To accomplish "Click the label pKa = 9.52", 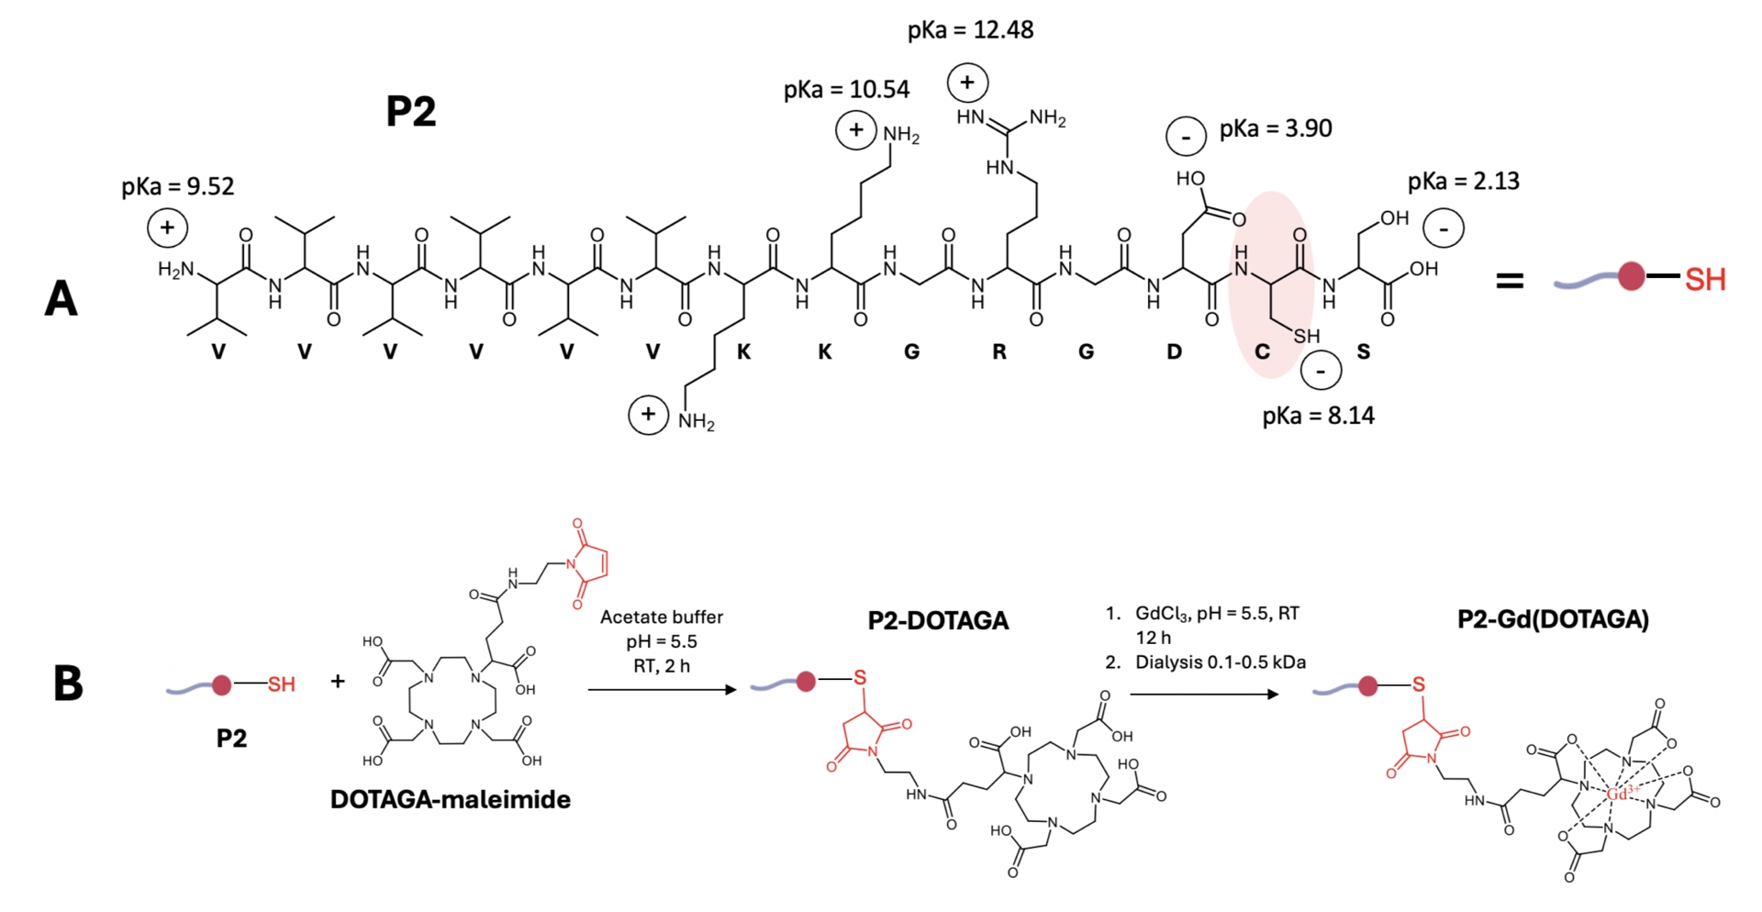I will point(178,187).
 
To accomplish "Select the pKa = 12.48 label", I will point(970,30).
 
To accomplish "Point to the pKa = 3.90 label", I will point(1276,129).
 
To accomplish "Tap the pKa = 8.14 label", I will point(1318,417).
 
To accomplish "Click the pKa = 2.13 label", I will point(1463,182).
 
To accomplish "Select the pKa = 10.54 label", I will point(846,90).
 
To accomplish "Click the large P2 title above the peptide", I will point(410,112).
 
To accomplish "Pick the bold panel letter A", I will point(61,299).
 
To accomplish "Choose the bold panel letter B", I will point(68,684).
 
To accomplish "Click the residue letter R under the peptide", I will point(999,352).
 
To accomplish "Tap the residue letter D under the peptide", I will point(1174,352).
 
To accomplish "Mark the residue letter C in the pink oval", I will point(1262,352).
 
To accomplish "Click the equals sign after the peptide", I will point(1510,281).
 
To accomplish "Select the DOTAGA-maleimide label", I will point(450,800).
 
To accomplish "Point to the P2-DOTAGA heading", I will point(938,621).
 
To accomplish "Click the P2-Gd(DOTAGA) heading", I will point(1553,619).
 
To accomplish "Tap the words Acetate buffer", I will point(661,617).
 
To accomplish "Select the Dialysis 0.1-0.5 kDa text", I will point(1220,662).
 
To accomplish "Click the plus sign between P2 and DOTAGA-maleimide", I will point(338,682).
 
